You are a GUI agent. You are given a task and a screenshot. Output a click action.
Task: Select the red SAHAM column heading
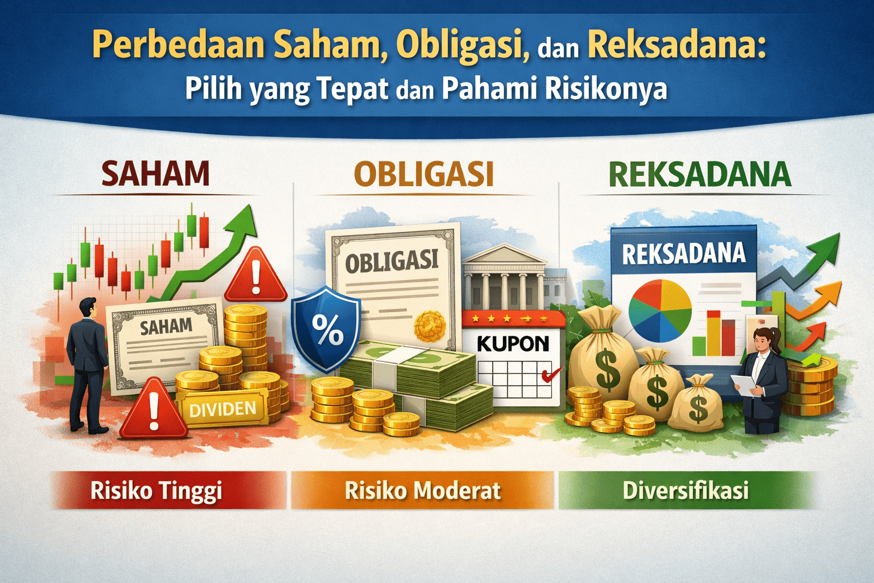155,174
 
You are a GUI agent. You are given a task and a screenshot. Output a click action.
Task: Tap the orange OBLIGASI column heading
423,174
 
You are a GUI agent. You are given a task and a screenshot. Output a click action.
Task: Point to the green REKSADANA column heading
700,174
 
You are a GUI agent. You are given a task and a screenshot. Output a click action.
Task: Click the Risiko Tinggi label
156,490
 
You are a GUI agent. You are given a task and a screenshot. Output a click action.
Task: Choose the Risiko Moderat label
423,490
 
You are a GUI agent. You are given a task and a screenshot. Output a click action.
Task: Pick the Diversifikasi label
686,490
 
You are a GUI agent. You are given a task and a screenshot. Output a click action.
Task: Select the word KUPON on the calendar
513,343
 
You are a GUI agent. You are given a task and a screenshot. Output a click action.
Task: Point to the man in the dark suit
87,364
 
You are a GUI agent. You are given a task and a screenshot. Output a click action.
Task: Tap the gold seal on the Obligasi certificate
431,326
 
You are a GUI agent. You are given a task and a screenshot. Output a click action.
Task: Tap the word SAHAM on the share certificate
166,326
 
